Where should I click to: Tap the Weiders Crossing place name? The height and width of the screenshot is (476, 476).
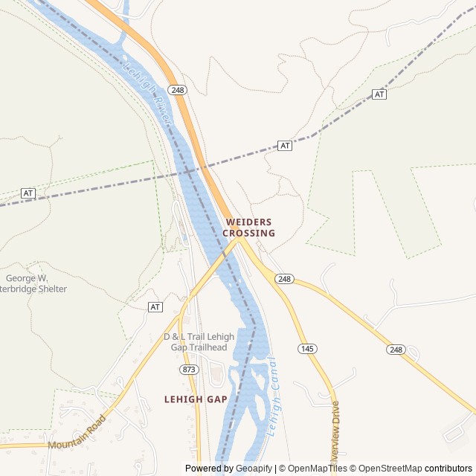point(248,228)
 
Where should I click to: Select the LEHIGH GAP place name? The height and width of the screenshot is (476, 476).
point(196,399)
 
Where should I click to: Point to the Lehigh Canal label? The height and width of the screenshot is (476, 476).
point(271,396)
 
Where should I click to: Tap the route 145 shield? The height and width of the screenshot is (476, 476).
point(306,348)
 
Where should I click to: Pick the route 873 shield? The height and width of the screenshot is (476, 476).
point(188,370)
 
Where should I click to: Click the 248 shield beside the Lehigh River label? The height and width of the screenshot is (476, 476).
point(177,90)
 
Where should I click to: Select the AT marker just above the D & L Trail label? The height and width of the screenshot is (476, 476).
point(155,306)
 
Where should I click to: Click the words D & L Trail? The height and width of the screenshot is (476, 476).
point(183,337)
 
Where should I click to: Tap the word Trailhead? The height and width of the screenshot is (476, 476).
point(212,347)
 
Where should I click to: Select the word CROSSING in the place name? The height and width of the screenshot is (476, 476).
point(248,233)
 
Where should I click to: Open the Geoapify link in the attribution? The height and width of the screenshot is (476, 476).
point(254,469)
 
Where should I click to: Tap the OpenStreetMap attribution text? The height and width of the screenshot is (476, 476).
point(387,469)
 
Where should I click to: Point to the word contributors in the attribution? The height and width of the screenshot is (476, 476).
point(448,469)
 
